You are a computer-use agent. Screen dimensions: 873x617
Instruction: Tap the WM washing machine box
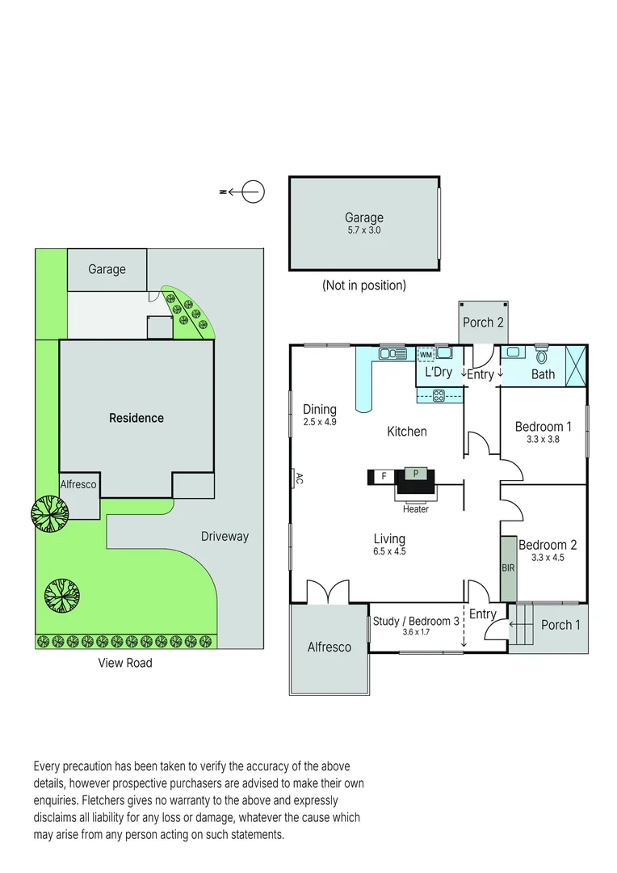tap(426, 354)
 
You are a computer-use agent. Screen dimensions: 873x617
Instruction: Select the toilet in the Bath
tap(541, 355)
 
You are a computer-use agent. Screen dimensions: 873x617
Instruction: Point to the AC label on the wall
tap(298, 479)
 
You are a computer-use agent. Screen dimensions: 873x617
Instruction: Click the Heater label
tap(416, 509)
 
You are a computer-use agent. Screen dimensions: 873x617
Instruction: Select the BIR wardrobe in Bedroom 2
tap(508, 568)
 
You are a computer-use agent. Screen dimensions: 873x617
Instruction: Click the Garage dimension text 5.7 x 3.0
tap(363, 230)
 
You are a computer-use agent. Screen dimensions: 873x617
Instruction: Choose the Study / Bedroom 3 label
tap(416, 621)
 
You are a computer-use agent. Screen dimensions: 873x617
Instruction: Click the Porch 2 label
tap(483, 323)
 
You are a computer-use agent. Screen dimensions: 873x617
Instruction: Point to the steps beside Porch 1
tap(524, 624)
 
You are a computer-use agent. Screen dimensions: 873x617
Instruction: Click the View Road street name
tap(125, 663)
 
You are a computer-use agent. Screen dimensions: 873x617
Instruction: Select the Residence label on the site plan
tap(136, 418)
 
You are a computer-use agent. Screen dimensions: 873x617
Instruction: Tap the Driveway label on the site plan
tap(225, 536)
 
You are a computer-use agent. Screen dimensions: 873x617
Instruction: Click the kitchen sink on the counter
tap(392, 352)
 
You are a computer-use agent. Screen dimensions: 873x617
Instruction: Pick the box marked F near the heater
tap(384, 476)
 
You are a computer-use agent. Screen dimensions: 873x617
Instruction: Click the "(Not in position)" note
tap(363, 285)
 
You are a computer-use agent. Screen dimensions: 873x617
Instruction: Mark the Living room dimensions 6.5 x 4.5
tap(389, 552)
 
